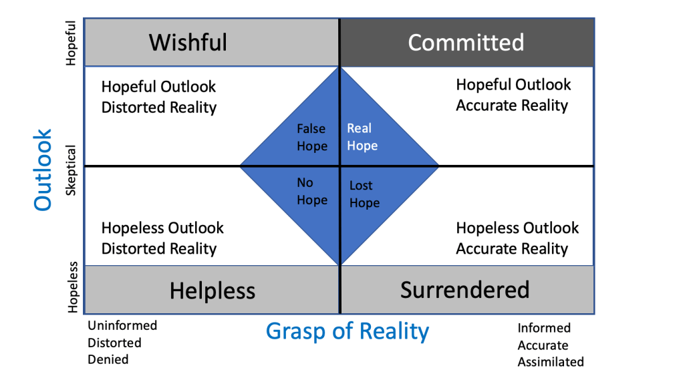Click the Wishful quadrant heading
pos(188,42)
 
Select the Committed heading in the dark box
pos(466,42)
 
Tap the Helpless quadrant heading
pos(212,291)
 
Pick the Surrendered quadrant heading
pos(464,289)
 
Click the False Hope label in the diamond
pos(311,138)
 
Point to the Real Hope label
pos(362,137)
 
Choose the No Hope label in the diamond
pos(311,192)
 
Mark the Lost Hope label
pos(364,194)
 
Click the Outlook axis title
pos(43,170)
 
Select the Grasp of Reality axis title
pos(348,331)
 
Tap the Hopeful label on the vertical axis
pos(72,43)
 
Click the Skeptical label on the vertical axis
pos(72,171)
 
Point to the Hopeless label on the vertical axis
pos(72,288)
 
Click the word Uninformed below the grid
pos(122,325)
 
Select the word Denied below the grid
pos(108,359)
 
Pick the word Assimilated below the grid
pos(551,362)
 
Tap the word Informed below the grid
pos(544,328)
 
